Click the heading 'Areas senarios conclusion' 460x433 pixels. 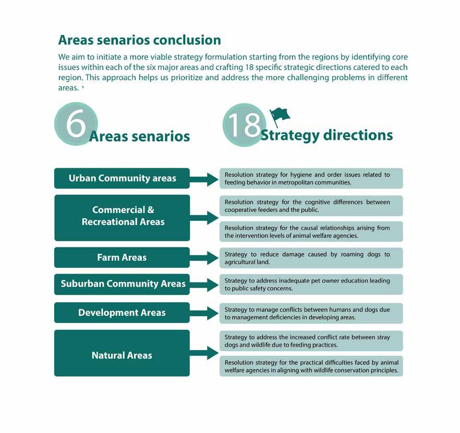(139, 40)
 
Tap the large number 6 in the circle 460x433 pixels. (76, 124)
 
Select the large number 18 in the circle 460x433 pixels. (244, 125)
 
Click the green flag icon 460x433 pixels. (280, 115)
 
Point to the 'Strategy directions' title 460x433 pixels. (326, 135)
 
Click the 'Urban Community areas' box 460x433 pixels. (122, 178)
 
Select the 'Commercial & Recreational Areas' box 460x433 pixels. (122, 216)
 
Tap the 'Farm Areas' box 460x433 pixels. (122, 257)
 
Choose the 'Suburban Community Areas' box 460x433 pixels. (122, 284)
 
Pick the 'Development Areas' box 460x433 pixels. (122, 313)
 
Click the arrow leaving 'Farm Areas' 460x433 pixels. (204, 257)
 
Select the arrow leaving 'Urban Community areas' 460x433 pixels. (204, 179)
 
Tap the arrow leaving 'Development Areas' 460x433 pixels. (204, 313)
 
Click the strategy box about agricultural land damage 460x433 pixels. (311, 258)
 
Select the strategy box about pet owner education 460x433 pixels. (311, 284)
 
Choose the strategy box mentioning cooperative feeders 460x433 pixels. (311, 206)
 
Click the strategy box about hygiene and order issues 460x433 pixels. (311, 179)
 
